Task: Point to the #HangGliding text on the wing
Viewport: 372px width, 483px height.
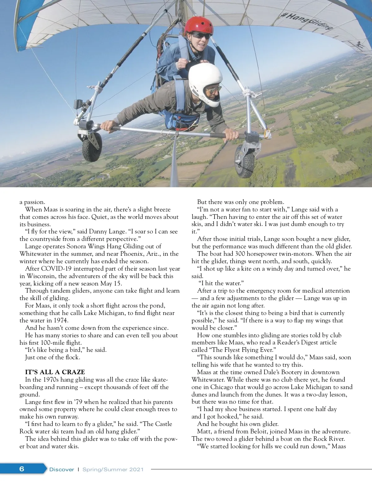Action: pyautogui.click(x=307, y=20)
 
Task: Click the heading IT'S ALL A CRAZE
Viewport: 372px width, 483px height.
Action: pyautogui.click(x=55, y=372)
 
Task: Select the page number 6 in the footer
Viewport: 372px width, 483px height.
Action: pyautogui.click(x=22, y=469)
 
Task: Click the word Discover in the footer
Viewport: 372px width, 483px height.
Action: pyautogui.click(x=62, y=469)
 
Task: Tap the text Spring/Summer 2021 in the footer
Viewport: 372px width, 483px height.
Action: pyautogui.click(x=113, y=469)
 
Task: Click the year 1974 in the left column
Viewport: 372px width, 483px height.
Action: pyautogui.click(x=60, y=320)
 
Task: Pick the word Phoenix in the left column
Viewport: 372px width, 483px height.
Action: pyautogui.click(x=131, y=254)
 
